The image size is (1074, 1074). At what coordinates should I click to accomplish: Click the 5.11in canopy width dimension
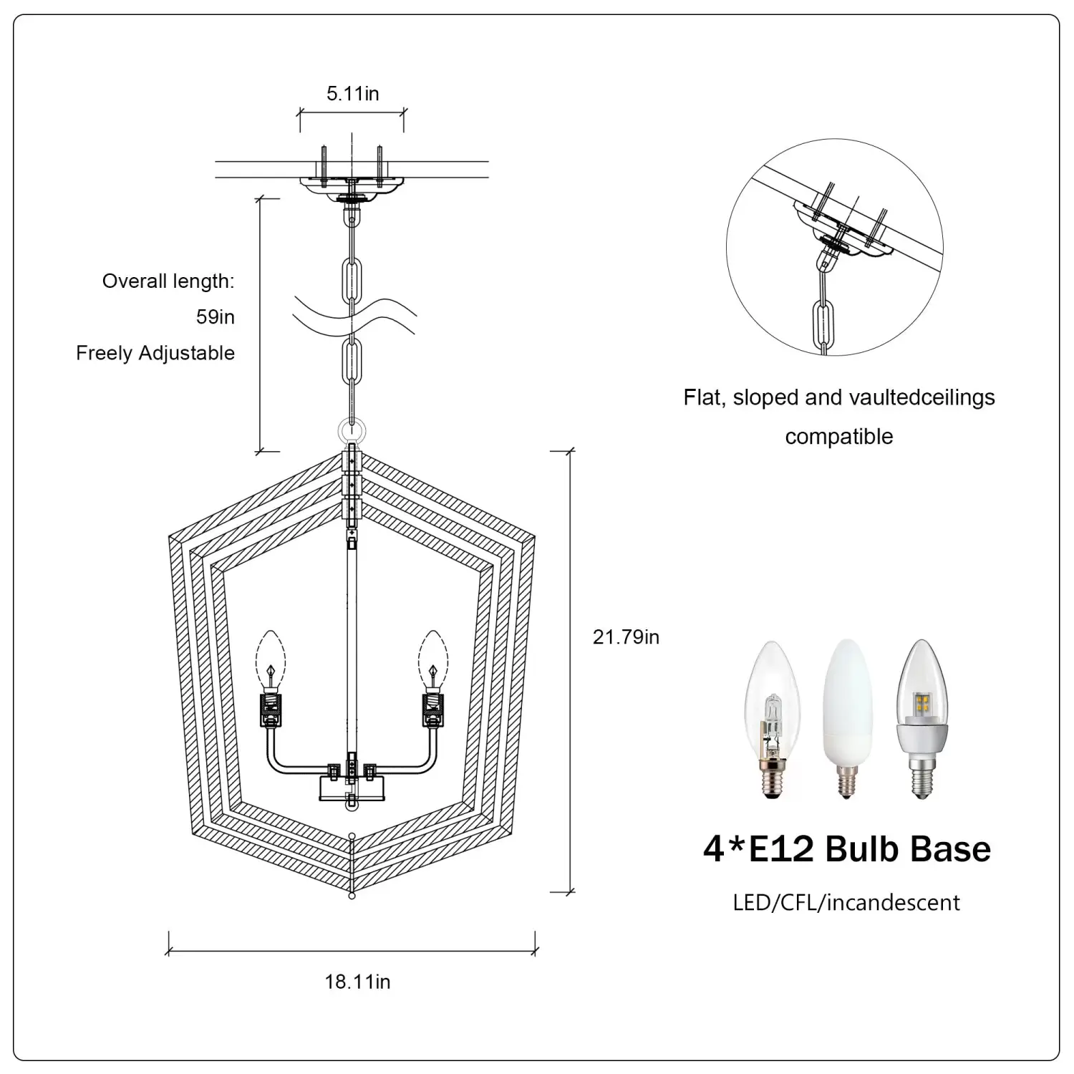coord(352,94)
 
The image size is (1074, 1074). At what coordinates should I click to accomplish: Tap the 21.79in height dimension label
coord(626,637)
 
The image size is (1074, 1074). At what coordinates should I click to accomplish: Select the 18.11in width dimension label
coord(357,981)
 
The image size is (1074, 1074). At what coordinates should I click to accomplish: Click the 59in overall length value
coord(216,316)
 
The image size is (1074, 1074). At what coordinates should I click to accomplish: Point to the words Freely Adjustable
coord(155,353)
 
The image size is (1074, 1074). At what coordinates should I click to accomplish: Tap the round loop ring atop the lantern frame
coord(352,431)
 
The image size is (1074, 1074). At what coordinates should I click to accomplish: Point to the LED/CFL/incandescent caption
coord(846,902)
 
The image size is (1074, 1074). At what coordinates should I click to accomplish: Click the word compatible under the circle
coord(838,436)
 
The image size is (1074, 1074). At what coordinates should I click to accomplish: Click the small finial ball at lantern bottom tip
coord(352,896)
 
